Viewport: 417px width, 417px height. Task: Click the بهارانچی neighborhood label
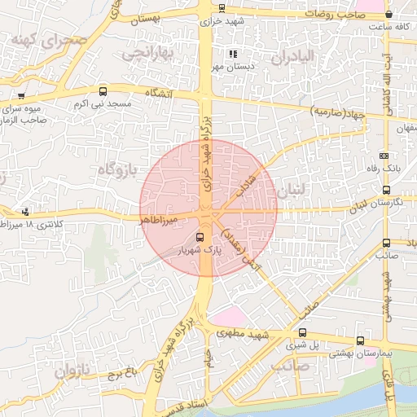pos(149,55)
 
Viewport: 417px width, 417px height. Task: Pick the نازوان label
pos(69,372)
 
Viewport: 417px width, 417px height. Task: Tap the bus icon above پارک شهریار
pos(201,238)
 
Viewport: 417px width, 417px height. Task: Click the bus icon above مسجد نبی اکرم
pos(103,91)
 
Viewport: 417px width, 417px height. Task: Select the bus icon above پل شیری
pos(303,332)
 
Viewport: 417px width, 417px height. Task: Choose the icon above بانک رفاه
pos(384,156)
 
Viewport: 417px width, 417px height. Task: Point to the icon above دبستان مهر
pos(232,54)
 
